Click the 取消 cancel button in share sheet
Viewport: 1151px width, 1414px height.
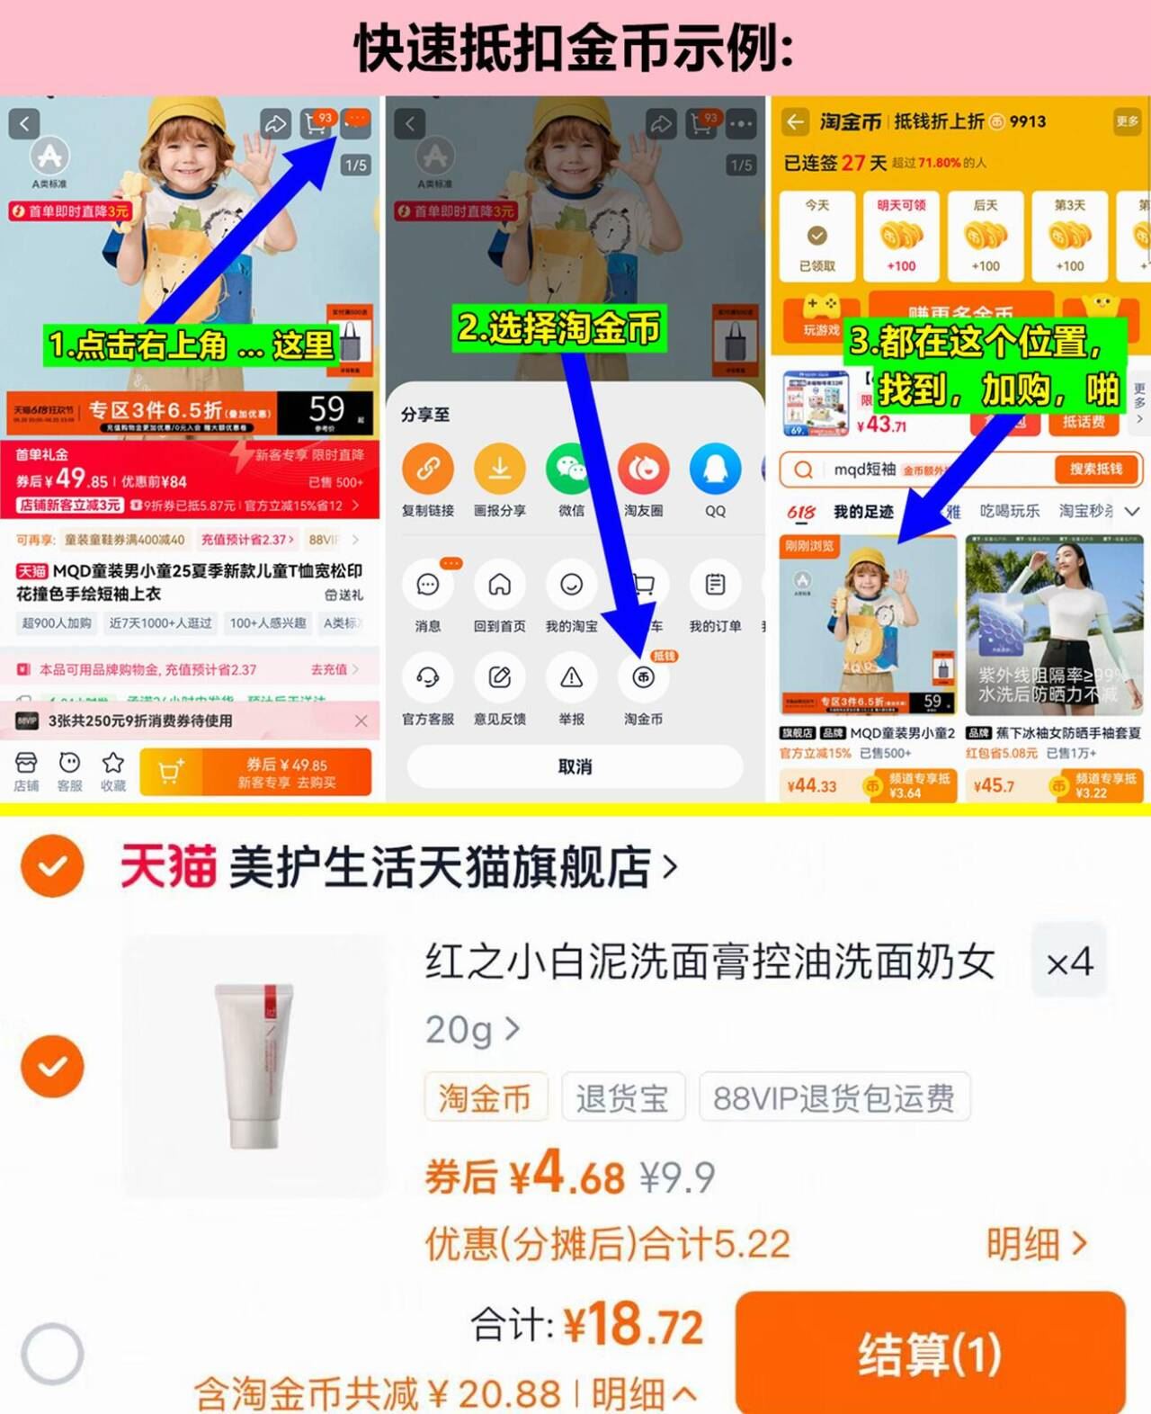coord(575,766)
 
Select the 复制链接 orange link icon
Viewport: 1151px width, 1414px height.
coord(427,469)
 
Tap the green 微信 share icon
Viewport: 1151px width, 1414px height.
coord(571,469)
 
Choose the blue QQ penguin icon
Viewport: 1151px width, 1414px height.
coord(715,469)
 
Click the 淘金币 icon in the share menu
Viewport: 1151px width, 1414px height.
coord(643,678)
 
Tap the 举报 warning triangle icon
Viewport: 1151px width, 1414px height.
coord(571,678)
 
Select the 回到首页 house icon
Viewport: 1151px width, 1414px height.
coord(499,586)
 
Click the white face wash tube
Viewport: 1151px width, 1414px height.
coord(254,1066)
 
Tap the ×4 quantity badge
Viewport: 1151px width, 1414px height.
coord(1069,962)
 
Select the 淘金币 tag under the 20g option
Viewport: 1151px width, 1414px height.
coord(486,1097)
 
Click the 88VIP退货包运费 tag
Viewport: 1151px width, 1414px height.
coord(834,1097)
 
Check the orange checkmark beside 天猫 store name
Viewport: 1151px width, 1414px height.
coord(53,865)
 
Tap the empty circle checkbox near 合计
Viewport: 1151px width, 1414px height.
coord(53,1353)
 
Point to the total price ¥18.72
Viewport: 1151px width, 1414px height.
coord(633,1325)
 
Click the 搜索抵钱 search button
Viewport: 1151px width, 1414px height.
coord(1095,469)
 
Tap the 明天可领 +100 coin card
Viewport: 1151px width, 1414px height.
coord(901,236)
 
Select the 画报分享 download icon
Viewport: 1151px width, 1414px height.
coord(499,469)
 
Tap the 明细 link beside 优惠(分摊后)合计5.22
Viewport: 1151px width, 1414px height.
coord(1036,1244)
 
